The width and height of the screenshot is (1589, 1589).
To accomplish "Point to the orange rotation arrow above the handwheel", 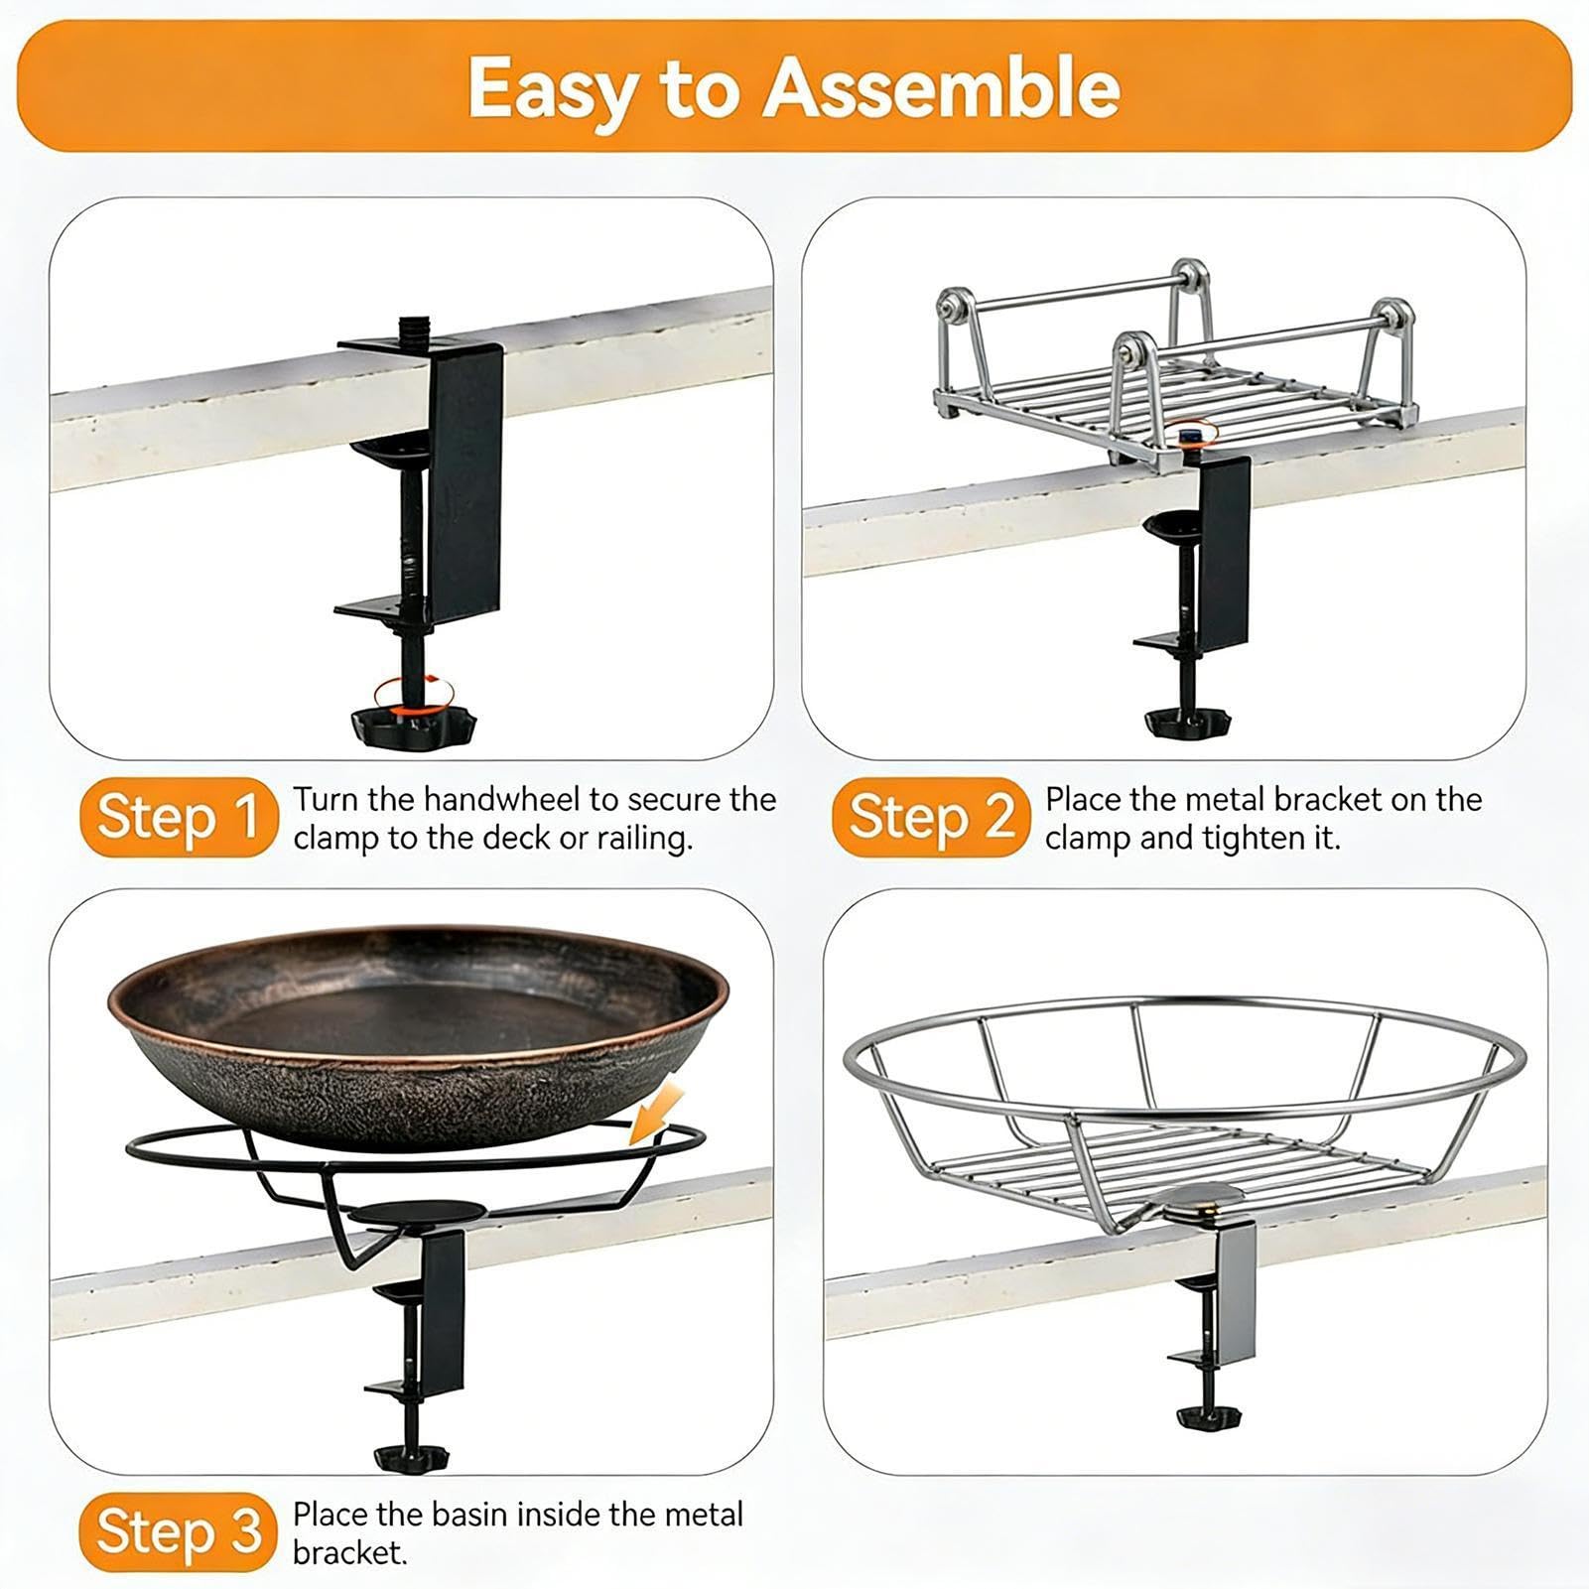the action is click(413, 693).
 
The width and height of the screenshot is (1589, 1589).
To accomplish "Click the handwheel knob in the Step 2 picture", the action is click(1187, 722).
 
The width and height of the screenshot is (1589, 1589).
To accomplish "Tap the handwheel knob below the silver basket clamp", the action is click(1213, 1416).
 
